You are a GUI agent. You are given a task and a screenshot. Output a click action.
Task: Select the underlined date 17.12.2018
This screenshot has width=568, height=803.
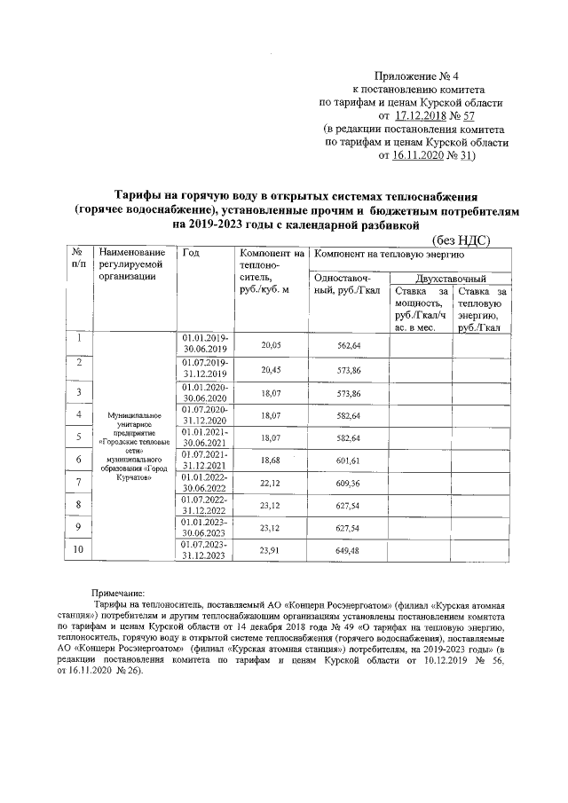point(422,114)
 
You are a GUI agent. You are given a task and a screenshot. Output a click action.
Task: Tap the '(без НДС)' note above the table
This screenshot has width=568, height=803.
point(460,240)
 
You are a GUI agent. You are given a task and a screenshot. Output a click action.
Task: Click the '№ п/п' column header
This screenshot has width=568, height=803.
point(79,259)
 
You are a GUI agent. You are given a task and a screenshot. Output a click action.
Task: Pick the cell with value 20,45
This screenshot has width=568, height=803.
point(271,368)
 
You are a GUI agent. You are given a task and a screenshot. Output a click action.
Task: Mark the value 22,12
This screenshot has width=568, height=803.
point(271,483)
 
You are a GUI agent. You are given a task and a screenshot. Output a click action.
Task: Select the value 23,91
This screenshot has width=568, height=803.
point(271,551)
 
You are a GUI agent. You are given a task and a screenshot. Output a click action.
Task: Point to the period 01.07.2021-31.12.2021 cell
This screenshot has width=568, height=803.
point(205,459)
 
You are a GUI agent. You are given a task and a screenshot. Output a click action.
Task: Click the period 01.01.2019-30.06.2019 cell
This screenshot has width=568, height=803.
point(205,344)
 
